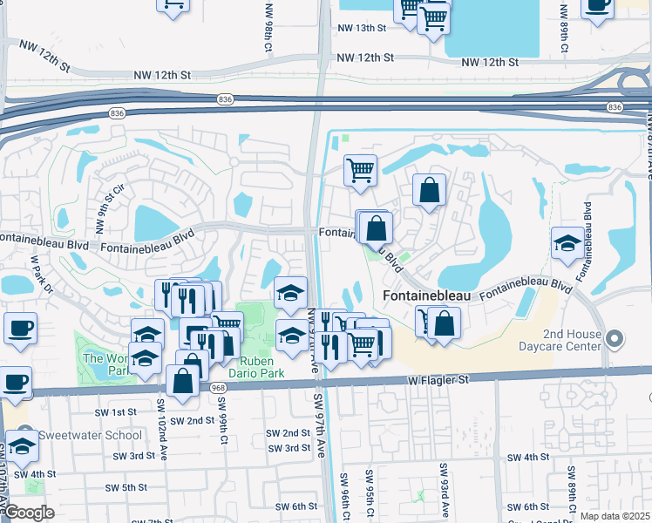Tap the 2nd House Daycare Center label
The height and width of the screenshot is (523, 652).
point(572,340)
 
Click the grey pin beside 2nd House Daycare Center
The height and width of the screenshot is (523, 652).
point(616,337)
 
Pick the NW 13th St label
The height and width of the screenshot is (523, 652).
point(361,28)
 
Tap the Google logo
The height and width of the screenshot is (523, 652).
point(30,512)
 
